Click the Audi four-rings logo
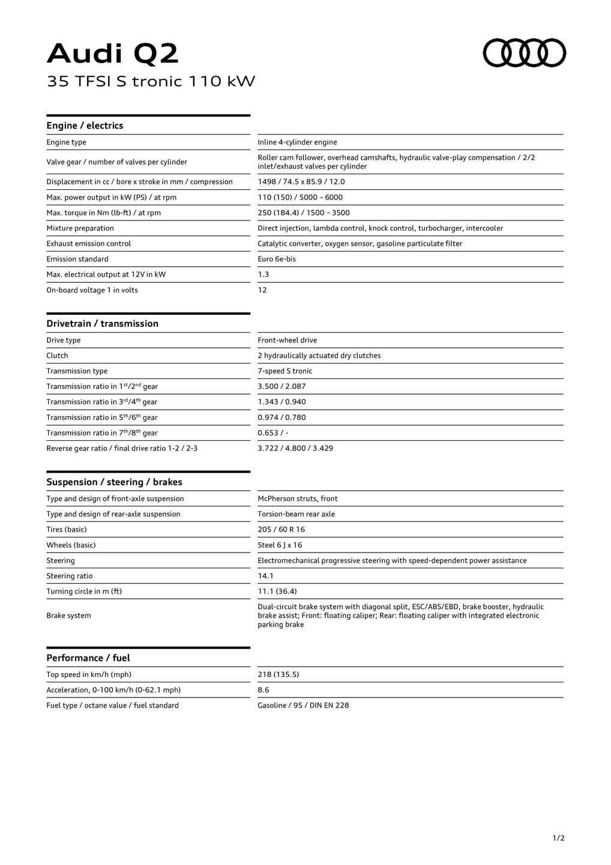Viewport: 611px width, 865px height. pyautogui.click(x=525, y=53)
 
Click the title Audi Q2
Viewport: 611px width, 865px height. pyautogui.click(x=113, y=54)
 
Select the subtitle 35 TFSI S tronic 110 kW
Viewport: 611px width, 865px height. pyautogui.click(x=151, y=81)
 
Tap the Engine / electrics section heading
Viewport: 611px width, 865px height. pyautogui.click(x=85, y=126)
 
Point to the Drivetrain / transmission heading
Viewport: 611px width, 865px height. pyautogui.click(x=102, y=324)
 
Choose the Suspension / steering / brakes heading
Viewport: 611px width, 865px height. pyautogui.click(x=114, y=482)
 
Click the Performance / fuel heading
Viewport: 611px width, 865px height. pyautogui.click(x=88, y=658)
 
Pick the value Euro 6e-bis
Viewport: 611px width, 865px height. pyautogui.click(x=277, y=259)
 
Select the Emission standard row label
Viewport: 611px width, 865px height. pyautogui.click(x=77, y=259)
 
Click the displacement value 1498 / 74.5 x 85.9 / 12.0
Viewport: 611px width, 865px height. pyautogui.click(x=301, y=182)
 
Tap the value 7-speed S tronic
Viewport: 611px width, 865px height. pyautogui.click(x=285, y=371)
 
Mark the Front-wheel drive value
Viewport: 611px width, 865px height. pyautogui.click(x=287, y=341)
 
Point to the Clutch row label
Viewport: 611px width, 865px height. pyautogui.click(x=58, y=356)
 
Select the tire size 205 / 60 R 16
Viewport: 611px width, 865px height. pyautogui.click(x=281, y=530)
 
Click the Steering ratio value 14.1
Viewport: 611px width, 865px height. pyautogui.click(x=266, y=576)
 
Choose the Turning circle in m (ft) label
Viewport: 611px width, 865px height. pyautogui.click(x=84, y=592)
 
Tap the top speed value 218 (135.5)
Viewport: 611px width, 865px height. pyautogui.click(x=278, y=675)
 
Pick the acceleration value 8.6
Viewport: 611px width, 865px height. pyautogui.click(x=263, y=690)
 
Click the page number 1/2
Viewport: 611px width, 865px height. pyautogui.click(x=558, y=838)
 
